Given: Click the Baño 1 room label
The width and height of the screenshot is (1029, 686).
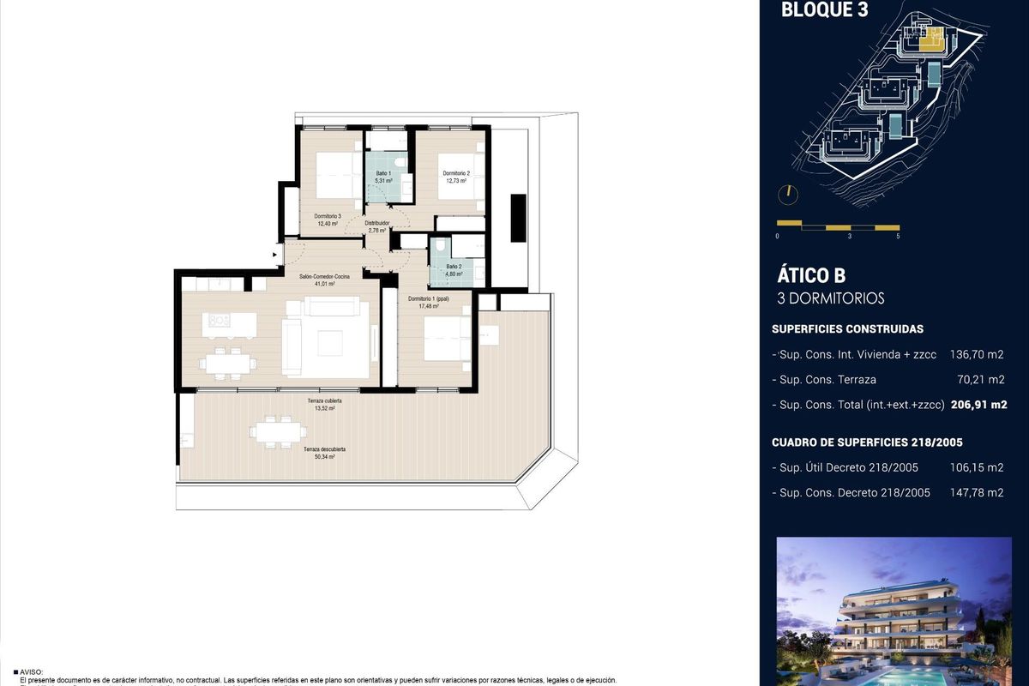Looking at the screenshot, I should coord(383,174).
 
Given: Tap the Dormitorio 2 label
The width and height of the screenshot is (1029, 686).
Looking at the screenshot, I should coord(455,174).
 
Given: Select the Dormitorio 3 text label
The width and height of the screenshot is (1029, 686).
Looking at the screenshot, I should coord(327,215).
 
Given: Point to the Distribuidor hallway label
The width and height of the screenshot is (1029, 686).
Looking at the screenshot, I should coord(377,223).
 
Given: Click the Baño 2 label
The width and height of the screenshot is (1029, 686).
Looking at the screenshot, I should coord(454,267).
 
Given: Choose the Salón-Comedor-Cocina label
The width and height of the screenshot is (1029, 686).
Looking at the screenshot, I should coord(324,277).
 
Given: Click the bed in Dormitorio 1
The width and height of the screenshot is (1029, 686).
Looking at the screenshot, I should coord(446,339).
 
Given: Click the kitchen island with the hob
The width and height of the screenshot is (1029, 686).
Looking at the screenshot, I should coord(229,323).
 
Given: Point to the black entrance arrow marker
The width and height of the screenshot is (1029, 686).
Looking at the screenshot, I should coord(274,254).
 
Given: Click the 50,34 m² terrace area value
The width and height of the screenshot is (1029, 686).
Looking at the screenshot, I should coord(324,457).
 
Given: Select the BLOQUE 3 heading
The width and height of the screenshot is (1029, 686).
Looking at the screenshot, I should coord(812,11).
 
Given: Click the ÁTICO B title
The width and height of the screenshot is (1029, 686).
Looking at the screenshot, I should coord(811,275).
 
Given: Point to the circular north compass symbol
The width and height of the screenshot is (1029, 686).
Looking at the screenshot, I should coord(787,195).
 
